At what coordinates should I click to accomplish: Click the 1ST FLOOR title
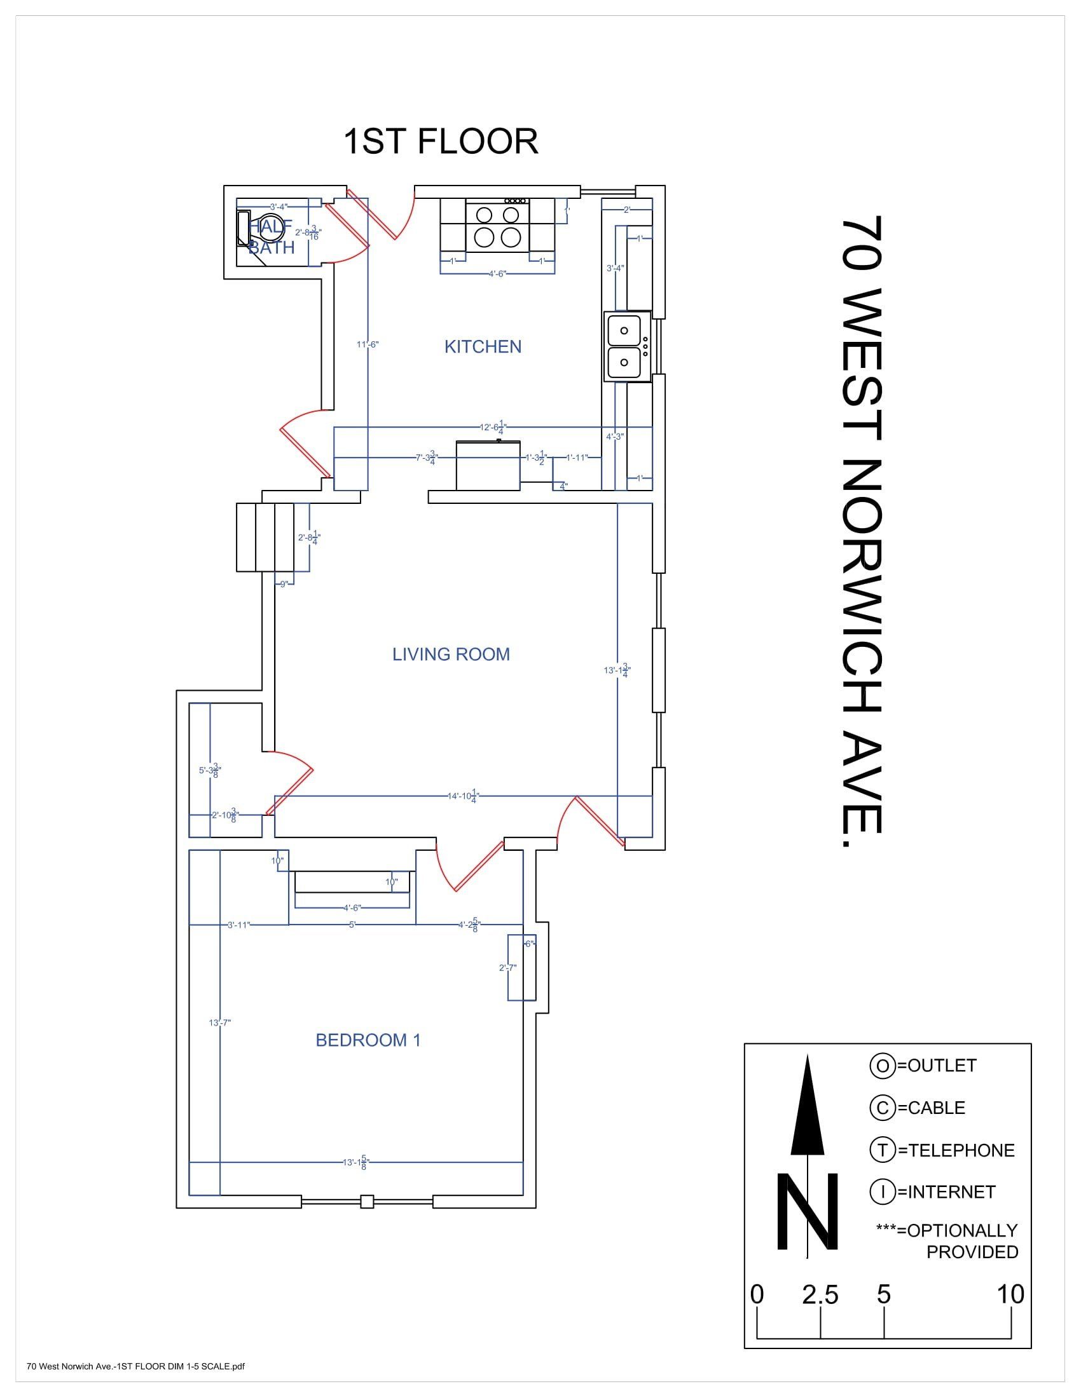click(441, 142)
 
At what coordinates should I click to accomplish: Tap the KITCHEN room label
click(483, 346)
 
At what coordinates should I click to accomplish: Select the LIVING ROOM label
click(451, 654)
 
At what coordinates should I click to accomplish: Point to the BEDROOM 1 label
click(368, 1040)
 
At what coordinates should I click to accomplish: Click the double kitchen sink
click(625, 348)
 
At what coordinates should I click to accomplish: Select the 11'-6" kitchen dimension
click(368, 344)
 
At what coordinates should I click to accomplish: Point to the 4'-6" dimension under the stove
click(497, 273)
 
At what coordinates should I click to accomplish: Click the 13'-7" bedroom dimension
click(219, 1023)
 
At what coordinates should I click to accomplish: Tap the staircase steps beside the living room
click(265, 537)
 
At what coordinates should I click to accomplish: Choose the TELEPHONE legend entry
click(941, 1150)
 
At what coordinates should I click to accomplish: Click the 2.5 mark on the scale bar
click(820, 1295)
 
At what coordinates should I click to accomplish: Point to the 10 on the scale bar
click(1010, 1294)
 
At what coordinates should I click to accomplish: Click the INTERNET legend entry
click(932, 1192)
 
